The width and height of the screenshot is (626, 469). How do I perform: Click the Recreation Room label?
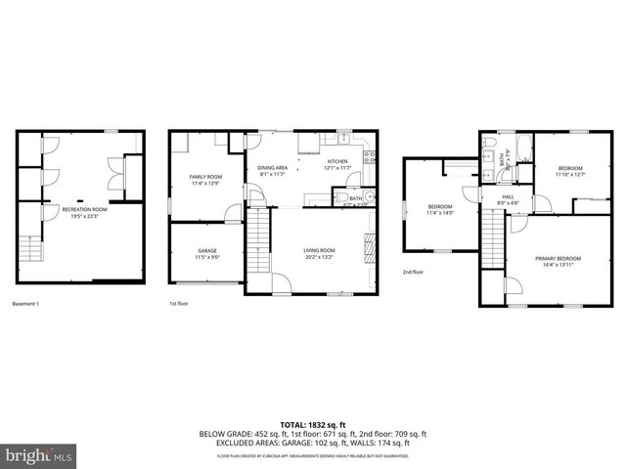coord(84,212)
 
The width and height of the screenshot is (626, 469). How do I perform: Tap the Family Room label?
coord(206,180)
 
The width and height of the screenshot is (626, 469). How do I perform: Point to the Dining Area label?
coord(272,170)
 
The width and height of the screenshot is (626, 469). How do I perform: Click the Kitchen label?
coord(337,164)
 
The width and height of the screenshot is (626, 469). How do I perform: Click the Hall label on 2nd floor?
coord(508,199)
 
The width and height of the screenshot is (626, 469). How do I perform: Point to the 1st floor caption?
coord(178,305)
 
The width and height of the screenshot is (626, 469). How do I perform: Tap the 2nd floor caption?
coord(413,273)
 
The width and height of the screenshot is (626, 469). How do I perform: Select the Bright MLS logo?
coord(38,454)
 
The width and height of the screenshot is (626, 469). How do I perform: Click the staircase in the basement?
coord(32,250)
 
